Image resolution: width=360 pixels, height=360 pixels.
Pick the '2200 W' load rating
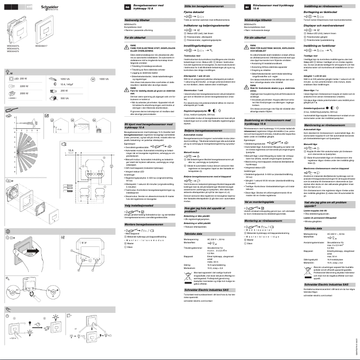pos(25,86)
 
